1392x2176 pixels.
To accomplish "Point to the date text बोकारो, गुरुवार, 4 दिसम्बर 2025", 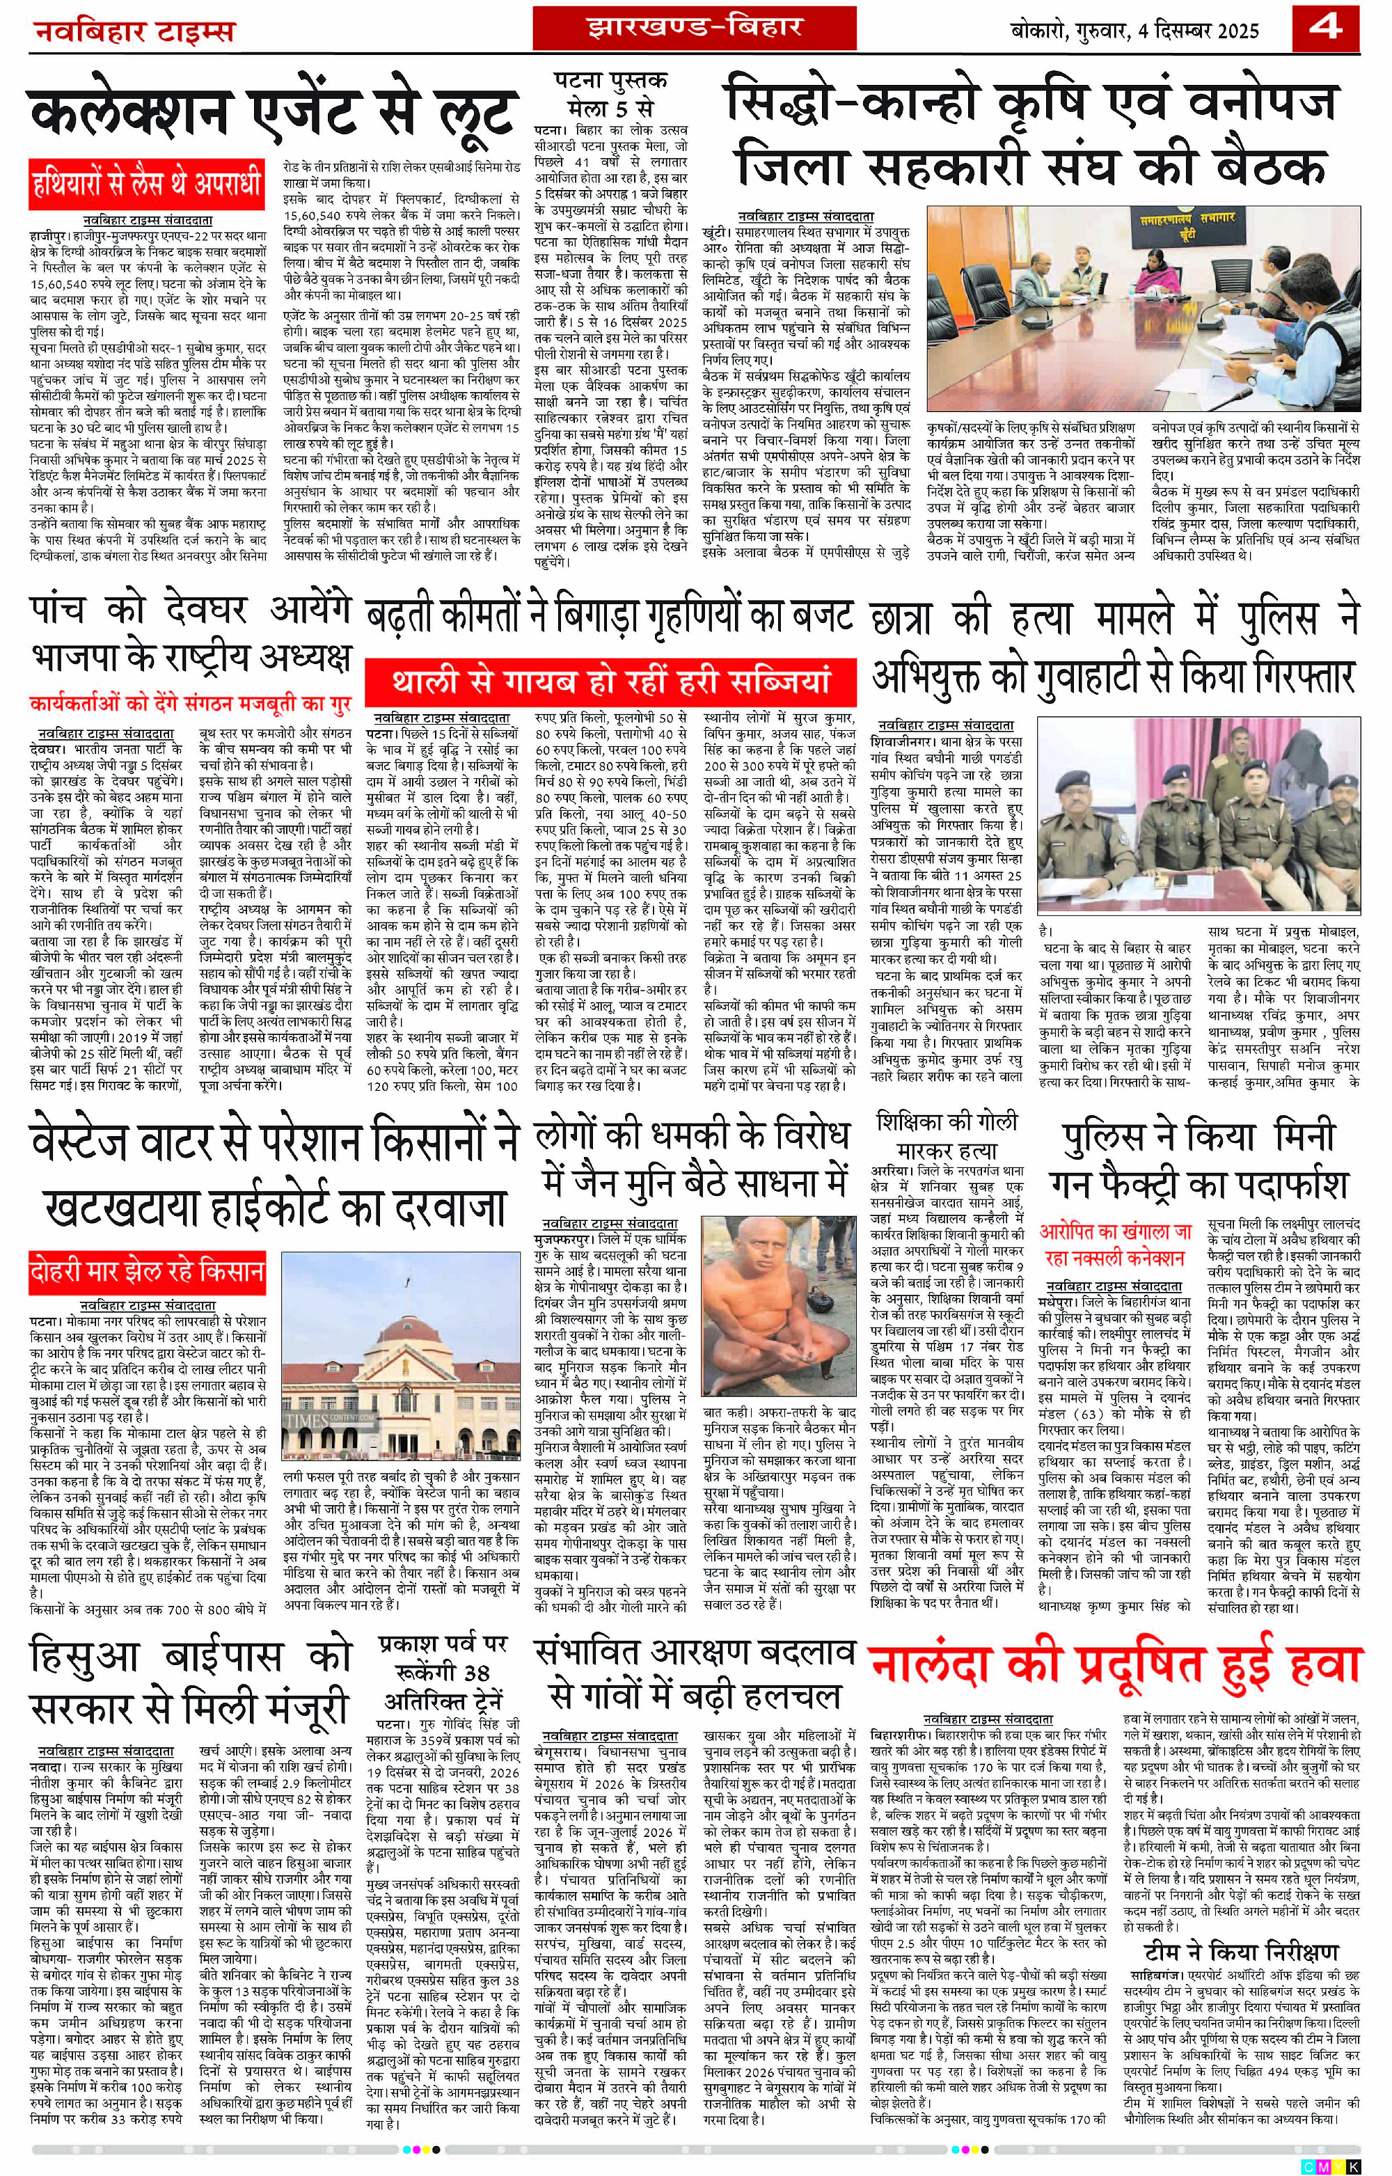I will click(x=1134, y=31).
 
